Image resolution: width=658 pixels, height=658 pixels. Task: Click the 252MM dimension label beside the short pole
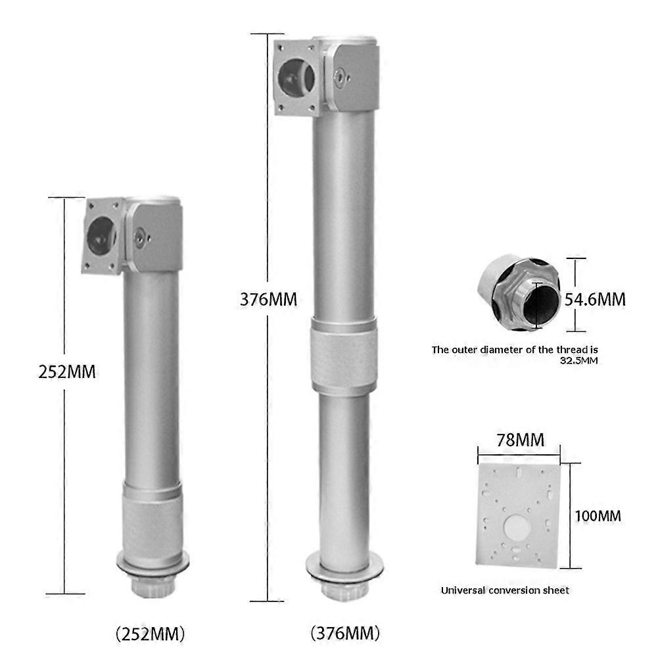pos(67,372)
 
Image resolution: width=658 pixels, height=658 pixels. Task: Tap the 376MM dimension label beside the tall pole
pos(269,300)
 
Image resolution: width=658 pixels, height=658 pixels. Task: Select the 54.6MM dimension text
pos(595,300)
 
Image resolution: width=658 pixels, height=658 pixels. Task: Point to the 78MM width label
pos(521,440)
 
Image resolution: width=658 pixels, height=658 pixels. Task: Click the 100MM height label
pos(598,516)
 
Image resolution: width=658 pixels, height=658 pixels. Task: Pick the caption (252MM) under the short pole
pos(151,634)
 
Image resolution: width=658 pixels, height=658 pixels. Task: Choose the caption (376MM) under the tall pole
pos(345,633)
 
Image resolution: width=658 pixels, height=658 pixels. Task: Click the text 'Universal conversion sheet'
pos(505,590)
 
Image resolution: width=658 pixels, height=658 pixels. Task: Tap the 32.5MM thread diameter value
pos(579,360)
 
